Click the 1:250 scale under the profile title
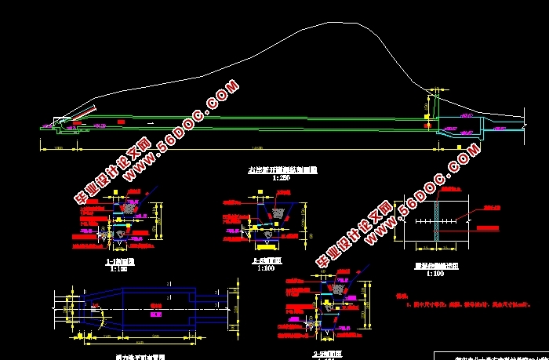click(281, 178)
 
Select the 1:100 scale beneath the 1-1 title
click(118, 268)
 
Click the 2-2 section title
click(267, 260)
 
